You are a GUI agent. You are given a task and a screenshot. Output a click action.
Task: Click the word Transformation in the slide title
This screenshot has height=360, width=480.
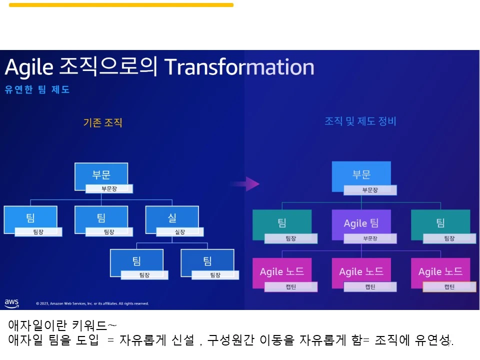(x=239, y=67)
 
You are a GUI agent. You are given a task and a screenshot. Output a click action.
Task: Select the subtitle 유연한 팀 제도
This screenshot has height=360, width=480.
(x=37, y=90)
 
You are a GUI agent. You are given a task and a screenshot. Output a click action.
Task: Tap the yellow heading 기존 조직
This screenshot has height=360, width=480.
(x=102, y=122)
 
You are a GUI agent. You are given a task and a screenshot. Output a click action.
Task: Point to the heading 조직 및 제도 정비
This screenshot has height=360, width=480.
(x=360, y=121)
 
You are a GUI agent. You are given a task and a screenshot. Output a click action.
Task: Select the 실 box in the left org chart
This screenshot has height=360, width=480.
(x=172, y=217)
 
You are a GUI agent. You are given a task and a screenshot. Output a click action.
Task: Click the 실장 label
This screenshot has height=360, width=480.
(x=180, y=232)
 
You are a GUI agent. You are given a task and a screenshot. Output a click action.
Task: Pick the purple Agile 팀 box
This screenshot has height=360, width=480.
(x=361, y=222)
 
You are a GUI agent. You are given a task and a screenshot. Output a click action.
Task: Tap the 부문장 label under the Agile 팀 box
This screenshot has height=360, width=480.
(x=370, y=238)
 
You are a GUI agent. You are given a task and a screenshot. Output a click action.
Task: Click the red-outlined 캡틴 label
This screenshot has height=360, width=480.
(x=449, y=287)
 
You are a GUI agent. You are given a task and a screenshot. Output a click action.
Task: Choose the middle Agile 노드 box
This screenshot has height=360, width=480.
(x=361, y=271)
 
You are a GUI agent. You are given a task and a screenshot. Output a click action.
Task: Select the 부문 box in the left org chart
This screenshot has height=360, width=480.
(x=101, y=175)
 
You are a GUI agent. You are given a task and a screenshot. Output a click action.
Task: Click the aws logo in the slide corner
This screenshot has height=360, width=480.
(x=11, y=302)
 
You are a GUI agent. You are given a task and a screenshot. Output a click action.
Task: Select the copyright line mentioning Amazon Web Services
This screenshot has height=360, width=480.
(x=92, y=303)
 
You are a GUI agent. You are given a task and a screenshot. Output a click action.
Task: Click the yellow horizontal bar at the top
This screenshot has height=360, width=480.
(x=121, y=5)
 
